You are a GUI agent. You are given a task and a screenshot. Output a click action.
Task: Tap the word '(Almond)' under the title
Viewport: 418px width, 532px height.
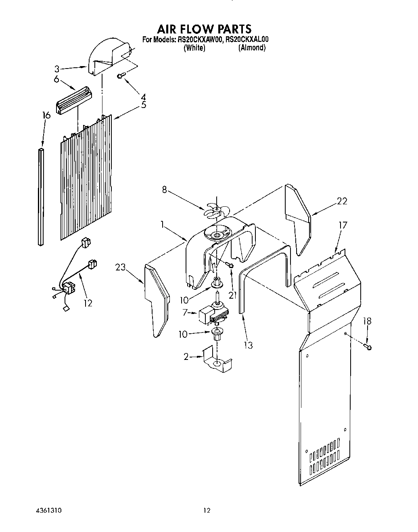[x=252, y=48]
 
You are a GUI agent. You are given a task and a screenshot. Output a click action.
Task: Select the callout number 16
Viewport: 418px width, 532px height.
[x=46, y=116]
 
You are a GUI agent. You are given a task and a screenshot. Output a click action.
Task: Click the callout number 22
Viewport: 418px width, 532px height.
[x=342, y=201]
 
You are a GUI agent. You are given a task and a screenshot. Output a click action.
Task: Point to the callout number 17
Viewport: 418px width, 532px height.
[x=343, y=225]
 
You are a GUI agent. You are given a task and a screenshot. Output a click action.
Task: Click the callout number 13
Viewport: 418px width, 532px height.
[x=248, y=345]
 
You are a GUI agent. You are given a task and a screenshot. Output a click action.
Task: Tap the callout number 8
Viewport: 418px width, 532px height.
[x=164, y=189]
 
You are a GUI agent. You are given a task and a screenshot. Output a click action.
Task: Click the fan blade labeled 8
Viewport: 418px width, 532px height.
[x=217, y=210]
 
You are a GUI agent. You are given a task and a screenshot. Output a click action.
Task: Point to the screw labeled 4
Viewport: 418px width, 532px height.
[x=121, y=75]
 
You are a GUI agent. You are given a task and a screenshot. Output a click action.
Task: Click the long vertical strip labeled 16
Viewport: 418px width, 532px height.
[x=41, y=197]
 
